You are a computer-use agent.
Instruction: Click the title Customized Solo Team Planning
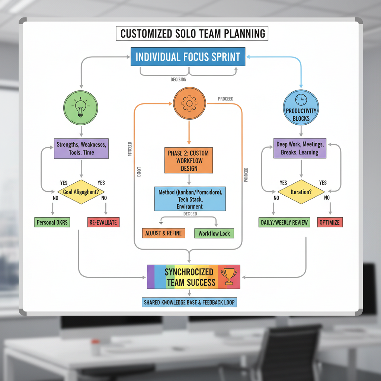[x=193, y=33]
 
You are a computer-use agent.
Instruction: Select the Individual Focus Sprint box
[x=188, y=57]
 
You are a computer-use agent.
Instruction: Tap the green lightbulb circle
[x=81, y=108]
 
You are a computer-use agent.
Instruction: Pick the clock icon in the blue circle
[x=301, y=99]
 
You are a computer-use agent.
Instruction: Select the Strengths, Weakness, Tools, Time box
[x=81, y=148]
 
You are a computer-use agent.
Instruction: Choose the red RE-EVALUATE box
[x=103, y=222]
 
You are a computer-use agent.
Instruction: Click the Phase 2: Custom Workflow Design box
[x=189, y=160]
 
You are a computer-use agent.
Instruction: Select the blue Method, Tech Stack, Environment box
[x=190, y=199]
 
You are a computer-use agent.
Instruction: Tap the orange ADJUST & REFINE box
[x=164, y=233]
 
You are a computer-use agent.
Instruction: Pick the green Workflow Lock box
[x=214, y=234]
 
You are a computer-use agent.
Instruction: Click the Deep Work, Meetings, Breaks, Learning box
[x=300, y=148]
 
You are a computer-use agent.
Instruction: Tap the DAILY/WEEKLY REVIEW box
[x=284, y=222]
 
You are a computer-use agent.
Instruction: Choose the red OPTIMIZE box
[x=329, y=222]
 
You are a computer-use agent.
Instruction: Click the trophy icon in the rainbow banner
[x=226, y=276]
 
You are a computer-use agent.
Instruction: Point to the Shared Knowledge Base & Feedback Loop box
[x=189, y=302]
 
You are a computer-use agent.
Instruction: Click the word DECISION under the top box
[x=179, y=80]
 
